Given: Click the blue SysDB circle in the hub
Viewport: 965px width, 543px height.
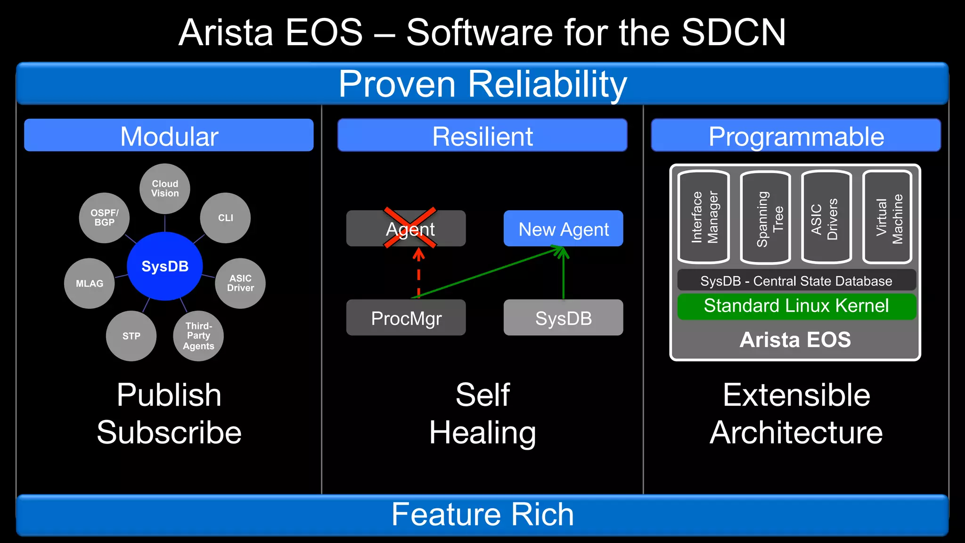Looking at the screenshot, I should tap(165, 266).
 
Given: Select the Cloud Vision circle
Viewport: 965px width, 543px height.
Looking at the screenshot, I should tap(165, 189).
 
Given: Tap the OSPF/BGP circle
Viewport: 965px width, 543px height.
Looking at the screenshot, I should tap(104, 218).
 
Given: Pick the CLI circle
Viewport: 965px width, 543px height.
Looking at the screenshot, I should tap(225, 218).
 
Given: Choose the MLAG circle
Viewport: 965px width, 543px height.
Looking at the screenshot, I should tap(90, 283).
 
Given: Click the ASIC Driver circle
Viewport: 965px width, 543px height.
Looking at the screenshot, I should tap(240, 283).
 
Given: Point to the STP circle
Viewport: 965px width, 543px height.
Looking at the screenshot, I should tap(131, 336).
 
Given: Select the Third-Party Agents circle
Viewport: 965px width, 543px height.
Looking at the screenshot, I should tap(198, 336).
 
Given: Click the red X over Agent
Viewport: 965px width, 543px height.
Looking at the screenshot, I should tap(410, 227).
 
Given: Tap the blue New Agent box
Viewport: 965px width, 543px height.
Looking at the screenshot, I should tap(563, 229).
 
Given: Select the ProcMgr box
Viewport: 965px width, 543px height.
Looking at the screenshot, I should tap(406, 318).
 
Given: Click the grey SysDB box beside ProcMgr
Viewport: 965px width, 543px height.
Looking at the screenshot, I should tap(563, 318).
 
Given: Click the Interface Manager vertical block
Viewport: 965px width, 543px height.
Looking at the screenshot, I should tap(704, 217).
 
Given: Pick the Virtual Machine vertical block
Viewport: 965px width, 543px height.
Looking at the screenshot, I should tap(888, 217).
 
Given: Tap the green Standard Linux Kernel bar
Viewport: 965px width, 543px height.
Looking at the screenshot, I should tap(796, 306).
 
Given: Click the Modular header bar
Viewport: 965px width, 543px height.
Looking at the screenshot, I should tap(169, 135).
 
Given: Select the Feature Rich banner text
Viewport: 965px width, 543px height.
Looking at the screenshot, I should tap(482, 514).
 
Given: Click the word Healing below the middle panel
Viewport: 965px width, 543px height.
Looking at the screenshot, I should tap(482, 433).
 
